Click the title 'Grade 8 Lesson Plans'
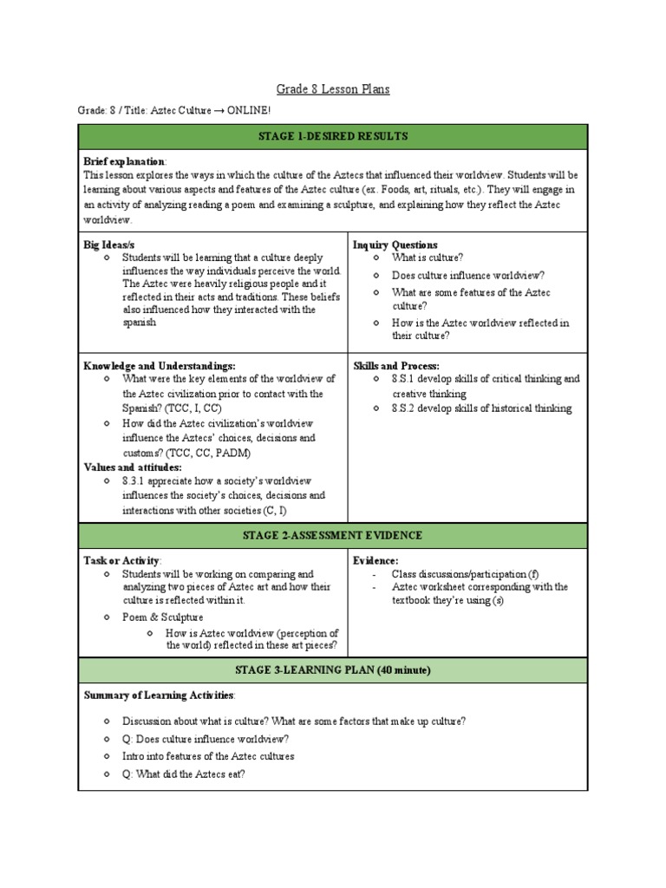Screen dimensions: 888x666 333,89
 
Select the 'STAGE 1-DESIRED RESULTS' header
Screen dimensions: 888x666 333,137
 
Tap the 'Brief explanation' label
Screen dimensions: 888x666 124,162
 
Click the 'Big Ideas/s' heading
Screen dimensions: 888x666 108,245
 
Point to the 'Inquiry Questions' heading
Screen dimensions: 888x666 395,245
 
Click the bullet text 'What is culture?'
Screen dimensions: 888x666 428,258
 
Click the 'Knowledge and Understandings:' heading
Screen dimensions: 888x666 159,366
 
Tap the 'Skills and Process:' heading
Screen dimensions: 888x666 395,366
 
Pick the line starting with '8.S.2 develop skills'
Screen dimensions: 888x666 481,408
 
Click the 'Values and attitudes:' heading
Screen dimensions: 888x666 133,467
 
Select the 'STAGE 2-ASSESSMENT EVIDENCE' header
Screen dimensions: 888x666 333,536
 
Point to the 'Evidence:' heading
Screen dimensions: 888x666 375,561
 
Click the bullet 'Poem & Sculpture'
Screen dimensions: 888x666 163,617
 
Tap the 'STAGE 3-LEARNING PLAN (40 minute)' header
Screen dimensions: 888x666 333,670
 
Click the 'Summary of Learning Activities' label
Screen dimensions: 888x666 158,695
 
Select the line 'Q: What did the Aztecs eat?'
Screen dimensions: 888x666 184,774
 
